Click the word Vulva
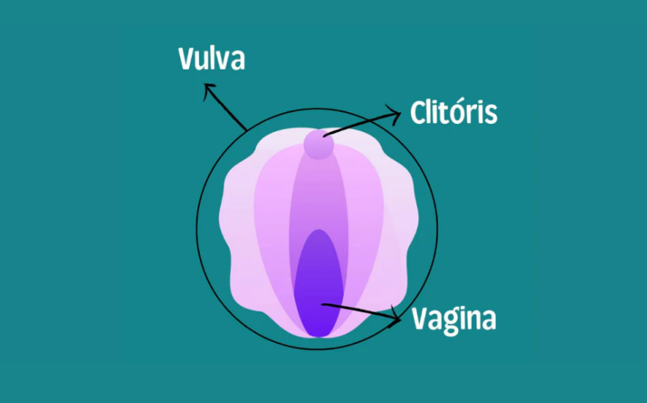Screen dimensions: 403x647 tap(211, 59)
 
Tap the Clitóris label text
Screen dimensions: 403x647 tap(454, 114)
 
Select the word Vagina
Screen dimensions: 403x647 tap(454, 319)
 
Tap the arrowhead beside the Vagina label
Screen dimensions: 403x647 tap(396, 317)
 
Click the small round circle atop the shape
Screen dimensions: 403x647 tap(318, 144)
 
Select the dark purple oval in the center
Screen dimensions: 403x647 tap(318, 282)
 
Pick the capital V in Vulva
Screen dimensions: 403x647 tap(187, 59)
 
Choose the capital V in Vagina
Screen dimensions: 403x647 tap(421, 319)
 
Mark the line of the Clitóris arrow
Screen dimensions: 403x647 tap(359, 124)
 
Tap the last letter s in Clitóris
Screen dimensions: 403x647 tap(492, 116)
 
